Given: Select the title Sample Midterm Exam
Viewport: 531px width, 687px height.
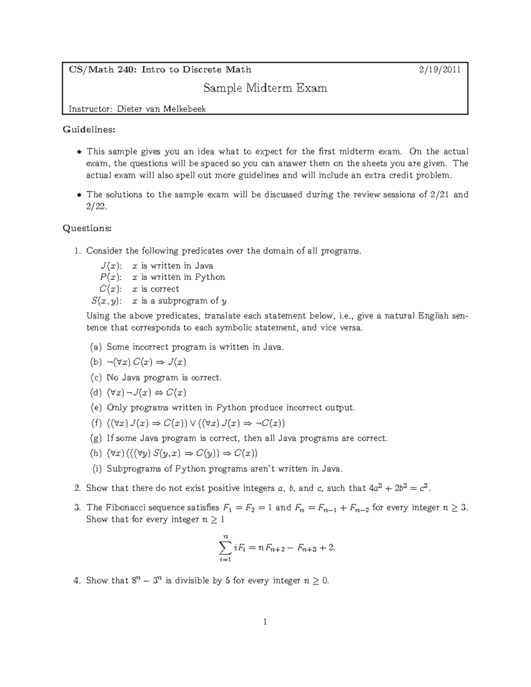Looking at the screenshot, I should pos(265,88).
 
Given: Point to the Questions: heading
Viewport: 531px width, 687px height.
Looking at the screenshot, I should pos(87,228).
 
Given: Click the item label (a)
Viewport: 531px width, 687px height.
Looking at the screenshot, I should pos(95,347).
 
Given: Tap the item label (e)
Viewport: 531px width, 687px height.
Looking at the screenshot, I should pos(95,408).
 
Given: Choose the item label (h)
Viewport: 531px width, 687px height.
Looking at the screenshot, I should pos(95,453).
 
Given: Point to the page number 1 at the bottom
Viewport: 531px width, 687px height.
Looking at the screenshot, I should pos(265,622).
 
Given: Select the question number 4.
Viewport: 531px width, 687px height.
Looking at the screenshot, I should pos(77,581).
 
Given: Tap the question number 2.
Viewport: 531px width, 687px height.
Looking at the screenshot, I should pos(77,488).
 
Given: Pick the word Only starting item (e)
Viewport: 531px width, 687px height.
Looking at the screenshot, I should pos(116,408).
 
